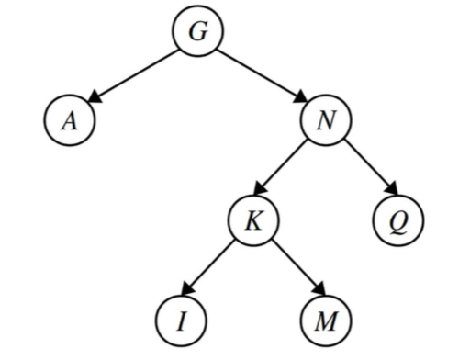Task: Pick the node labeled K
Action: pos(254,221)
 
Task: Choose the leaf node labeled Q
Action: pos(398,221)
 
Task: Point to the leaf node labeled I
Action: pos(181,321)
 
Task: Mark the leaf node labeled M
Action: pos(326,321)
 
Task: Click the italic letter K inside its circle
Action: pos(254,221)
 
